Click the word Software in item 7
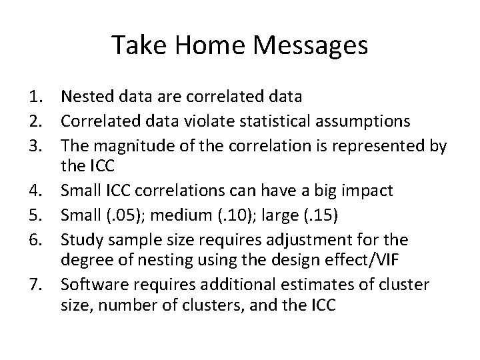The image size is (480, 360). pyautogui.click(x=89, y=285)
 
